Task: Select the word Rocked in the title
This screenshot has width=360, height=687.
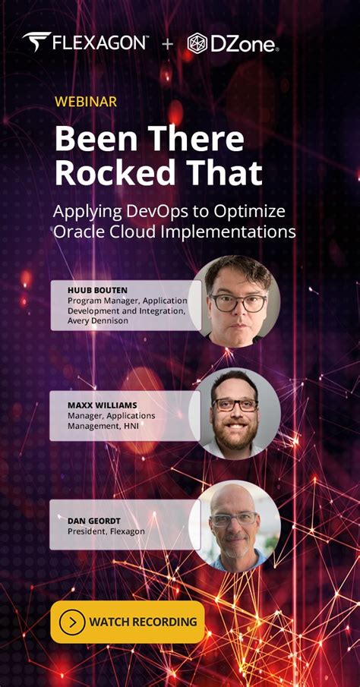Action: coord(113,172)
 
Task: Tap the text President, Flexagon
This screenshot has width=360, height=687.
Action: coord(106,531)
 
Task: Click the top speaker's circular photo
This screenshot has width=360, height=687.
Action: coord(236,301)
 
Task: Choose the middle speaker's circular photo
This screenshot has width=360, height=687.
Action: coord(238,412)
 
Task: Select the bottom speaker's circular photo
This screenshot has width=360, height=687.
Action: coord(235,525)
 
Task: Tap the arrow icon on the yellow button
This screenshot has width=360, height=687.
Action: coord(72,622)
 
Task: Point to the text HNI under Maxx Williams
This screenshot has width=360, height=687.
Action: coord(135,426)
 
